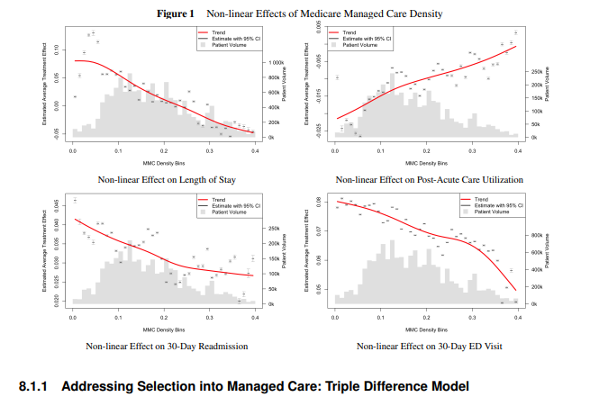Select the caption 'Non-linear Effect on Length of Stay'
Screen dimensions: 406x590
164,179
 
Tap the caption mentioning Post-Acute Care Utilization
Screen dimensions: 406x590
428,179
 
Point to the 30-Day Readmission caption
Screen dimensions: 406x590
164,346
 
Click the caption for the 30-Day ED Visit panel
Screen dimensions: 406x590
428,346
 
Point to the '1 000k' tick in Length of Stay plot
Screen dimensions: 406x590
277,63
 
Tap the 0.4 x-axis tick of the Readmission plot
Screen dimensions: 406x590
256,319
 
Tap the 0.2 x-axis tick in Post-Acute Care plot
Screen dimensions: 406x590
426,152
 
